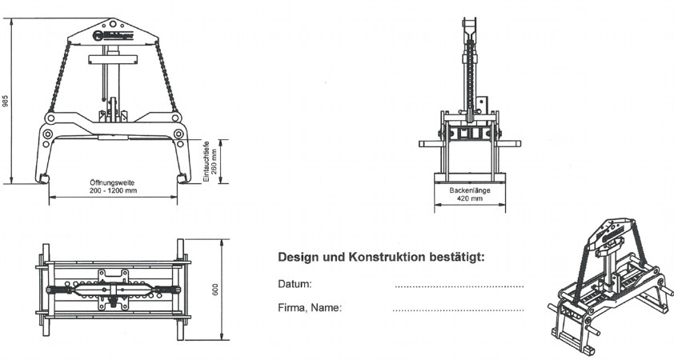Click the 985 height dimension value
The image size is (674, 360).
tap(6, 102)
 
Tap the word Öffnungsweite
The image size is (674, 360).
tap(112, 183)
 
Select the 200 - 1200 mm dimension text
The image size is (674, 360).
tap(112, 191)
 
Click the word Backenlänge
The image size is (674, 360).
tap(470, 190)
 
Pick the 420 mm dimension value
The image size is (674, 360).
tap(470, 198)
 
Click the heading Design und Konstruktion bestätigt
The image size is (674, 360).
tap(381, 258)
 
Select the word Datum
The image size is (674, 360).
tap(295, 284)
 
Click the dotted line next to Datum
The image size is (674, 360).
tap(459, 286)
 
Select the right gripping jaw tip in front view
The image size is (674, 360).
tap(183, 178)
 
